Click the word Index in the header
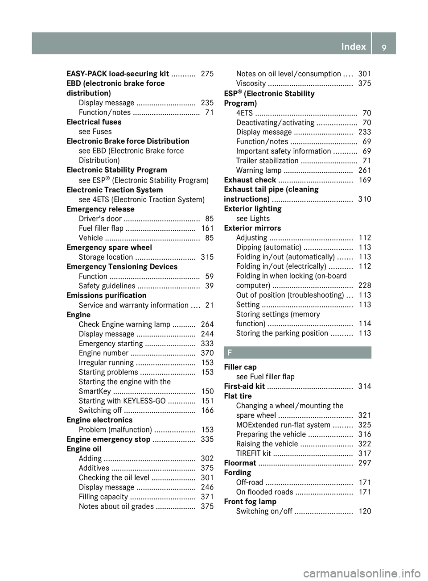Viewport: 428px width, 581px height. coord(353,46)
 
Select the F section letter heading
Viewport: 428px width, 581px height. coord(229,353)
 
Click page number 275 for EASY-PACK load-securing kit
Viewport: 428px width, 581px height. coord(207,74)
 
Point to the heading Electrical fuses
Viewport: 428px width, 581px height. coord(94,122)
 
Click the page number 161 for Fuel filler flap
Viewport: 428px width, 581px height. coord(207,228)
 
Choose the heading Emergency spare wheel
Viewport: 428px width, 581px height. coord(109,247)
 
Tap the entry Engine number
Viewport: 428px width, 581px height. coord(103,353)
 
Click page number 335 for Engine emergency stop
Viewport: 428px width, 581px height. coord(207,439)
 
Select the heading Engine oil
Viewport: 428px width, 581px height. coord(84,449)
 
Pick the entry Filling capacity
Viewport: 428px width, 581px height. coord(103,497)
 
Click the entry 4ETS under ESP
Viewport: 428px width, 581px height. coord(244,113)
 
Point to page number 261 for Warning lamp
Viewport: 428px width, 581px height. coord(365,170)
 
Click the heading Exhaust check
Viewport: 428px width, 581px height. coord(250,180)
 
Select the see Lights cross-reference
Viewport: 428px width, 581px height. coord(253,218)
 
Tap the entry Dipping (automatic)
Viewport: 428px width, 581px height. coord(269,247)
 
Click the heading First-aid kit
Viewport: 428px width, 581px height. coord(244,386)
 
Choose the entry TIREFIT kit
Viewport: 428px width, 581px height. coord(254,453)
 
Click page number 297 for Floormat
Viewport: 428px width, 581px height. coord(365,463)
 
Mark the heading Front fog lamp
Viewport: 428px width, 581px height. coord(250,502)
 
